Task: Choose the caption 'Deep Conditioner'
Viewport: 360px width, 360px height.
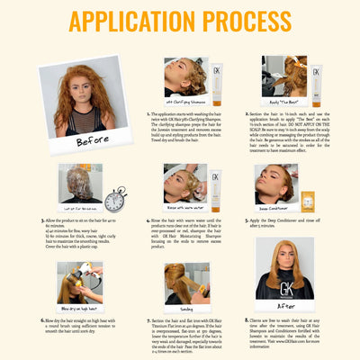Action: (280, 206)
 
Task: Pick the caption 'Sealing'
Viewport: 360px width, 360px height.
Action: (186, 308)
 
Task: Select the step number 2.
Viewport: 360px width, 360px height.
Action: (247, 114)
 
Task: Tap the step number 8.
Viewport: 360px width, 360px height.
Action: (247, 320)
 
